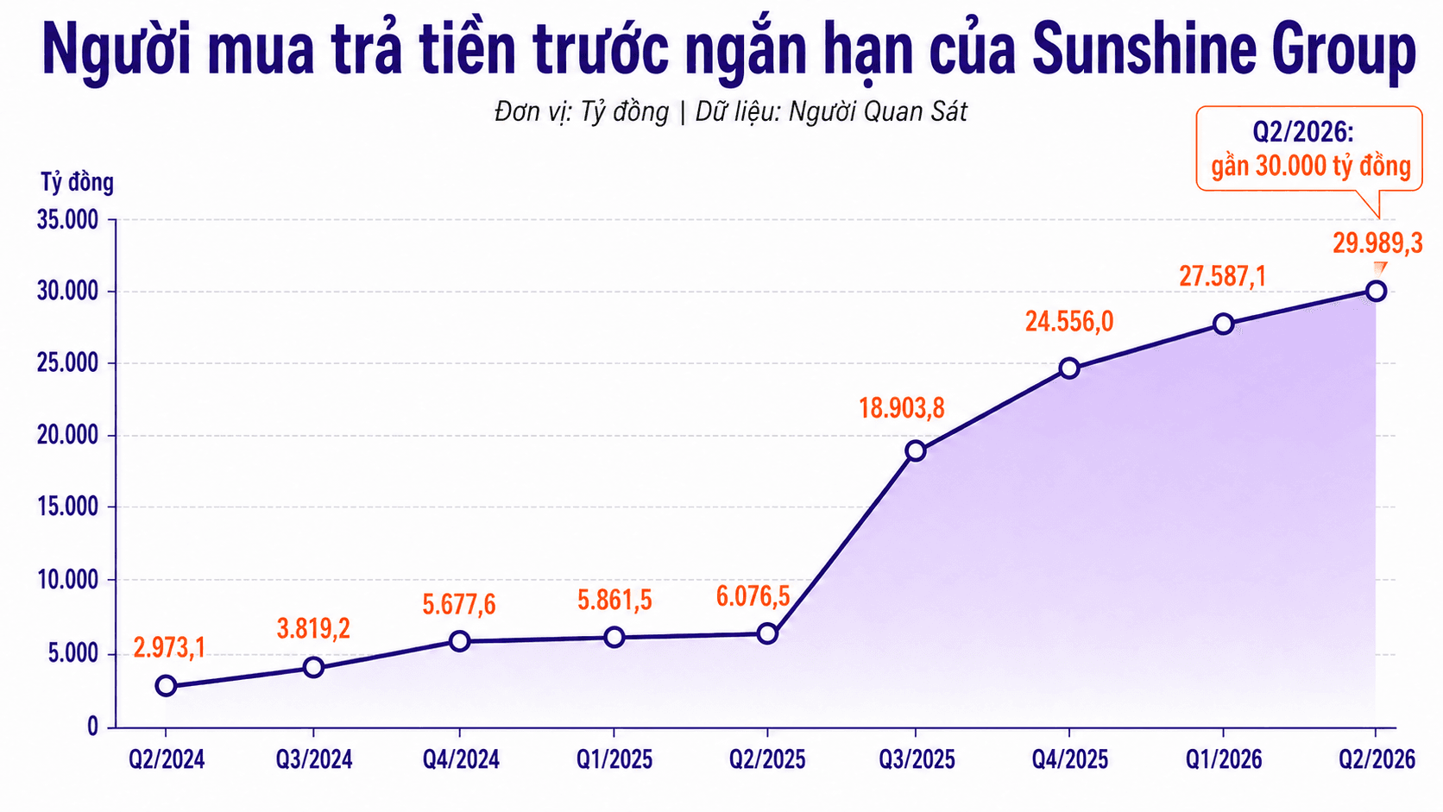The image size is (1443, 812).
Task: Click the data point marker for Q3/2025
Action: (x=916, y=450)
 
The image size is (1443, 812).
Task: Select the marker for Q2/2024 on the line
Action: (x=167, y=686)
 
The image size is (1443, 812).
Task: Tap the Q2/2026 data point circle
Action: (x=1376, y=291)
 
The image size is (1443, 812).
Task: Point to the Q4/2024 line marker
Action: (x=459, y=641)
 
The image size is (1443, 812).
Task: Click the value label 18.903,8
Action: (x=902, y=408)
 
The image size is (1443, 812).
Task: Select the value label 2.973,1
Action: (x=169, y=648)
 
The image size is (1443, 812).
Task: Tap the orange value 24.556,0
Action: (x=1069, y=321)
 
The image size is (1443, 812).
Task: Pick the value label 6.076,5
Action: (x=753, y=596)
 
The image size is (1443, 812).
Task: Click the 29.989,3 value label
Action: (x=1377, y=243)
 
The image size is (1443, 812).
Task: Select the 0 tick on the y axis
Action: (x=92, y=727)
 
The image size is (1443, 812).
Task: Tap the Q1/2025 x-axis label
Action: (x=614, y=760)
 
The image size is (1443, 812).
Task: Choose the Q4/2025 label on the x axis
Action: (x=1070, y=760)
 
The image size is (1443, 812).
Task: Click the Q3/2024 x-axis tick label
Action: (x=314, y=760)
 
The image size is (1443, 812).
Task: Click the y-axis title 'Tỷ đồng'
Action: (x=78, y=182)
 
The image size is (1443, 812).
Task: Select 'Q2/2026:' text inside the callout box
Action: (x=1303, y=133)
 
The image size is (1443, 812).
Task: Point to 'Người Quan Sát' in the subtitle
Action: (x=878, y=112)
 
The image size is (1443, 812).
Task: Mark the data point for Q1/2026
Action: (x=1223, y=324)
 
